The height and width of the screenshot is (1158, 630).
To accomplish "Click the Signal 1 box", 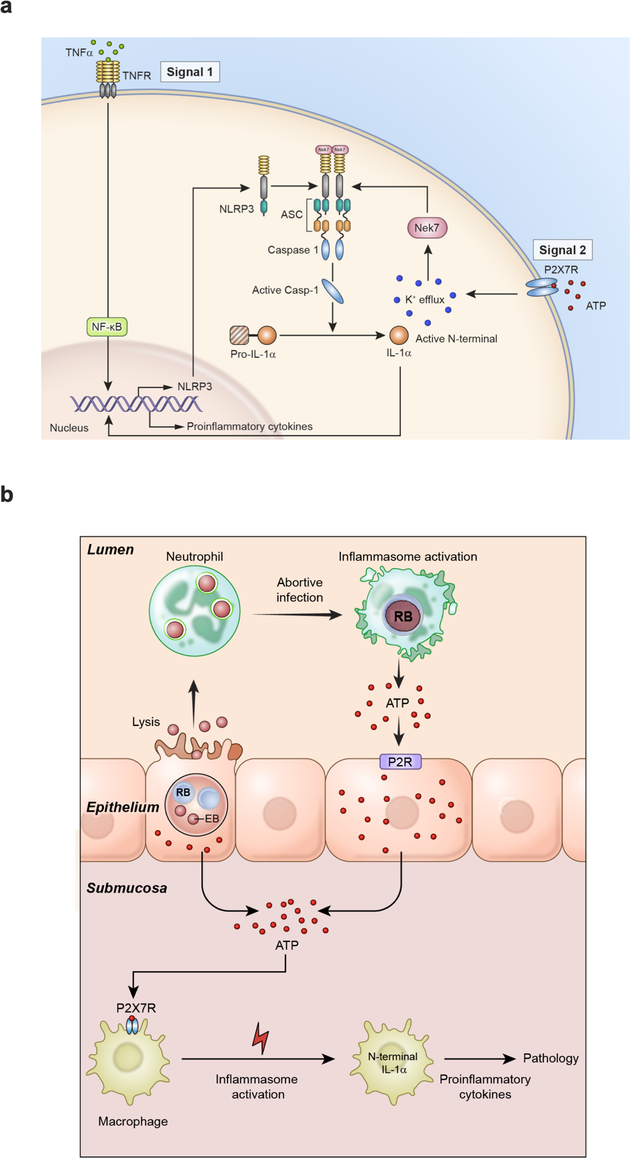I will (190, 72).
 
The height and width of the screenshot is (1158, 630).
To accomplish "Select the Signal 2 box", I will (562, 250).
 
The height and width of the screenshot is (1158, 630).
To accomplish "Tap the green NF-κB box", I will (107, 327).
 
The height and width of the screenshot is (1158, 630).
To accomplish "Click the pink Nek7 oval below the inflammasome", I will (426, 227).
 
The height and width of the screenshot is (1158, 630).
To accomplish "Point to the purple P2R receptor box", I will (400, 762).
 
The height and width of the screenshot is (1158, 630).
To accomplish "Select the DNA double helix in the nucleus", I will (135, 404).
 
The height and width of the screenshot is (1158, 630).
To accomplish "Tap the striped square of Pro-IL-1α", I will (239, 335).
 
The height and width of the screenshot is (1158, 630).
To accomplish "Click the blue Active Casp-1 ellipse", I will (332, 291).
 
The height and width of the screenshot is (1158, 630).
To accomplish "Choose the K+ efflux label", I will (424, 299).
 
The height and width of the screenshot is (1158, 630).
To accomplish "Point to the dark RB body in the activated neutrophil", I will (402, 616).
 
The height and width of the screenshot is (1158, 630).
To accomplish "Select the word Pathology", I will (550, 1058).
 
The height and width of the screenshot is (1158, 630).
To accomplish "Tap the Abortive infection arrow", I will (297, 615).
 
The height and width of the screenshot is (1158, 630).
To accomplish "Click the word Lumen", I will (110, 549).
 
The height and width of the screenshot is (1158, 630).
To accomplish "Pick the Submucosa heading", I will (127, 888).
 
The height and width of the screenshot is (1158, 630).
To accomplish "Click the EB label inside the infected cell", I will (211, 818).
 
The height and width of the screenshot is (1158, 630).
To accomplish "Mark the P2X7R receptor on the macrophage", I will (132, 1026).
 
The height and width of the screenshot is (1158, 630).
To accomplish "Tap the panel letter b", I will (6, 495).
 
